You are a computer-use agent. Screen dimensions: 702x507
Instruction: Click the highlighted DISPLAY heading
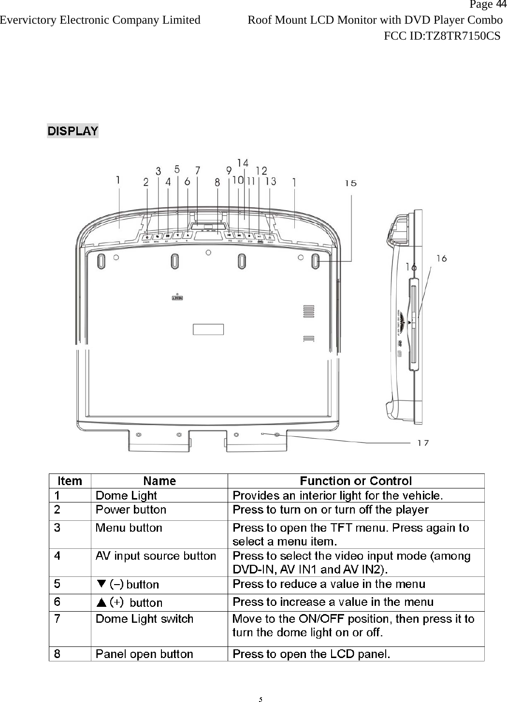pos(72,131)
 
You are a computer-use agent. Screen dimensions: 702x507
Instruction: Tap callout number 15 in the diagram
pos(351,183)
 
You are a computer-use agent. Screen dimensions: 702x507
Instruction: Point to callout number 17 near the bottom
pos(423,442)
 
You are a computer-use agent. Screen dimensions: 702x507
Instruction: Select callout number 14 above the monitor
pos(243,163)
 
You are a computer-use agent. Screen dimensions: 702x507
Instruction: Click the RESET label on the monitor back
pos(177,298)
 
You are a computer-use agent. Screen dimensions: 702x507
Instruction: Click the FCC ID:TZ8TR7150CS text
pos(442,36)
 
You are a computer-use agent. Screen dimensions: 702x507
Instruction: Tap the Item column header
pos(70,481)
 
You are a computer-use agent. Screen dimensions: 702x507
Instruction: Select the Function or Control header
pos(356,481)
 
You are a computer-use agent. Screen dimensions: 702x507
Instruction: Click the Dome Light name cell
pos(126,496)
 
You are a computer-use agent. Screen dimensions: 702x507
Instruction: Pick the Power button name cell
pos(131,510)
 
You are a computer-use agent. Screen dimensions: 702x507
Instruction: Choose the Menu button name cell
pos(129,528)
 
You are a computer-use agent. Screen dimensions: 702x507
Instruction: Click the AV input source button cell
pos(156,556)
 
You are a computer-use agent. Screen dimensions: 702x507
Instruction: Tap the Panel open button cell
pos(145,654)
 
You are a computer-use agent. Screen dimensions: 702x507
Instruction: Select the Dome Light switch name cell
pos(145,619)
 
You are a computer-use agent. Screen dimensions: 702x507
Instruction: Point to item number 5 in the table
pos(58,584)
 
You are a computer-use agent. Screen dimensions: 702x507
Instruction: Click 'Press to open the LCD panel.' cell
pos(312,654)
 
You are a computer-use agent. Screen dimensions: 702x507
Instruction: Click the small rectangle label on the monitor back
pos(208,330)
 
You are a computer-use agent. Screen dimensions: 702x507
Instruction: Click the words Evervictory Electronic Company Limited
pos(100,20)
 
